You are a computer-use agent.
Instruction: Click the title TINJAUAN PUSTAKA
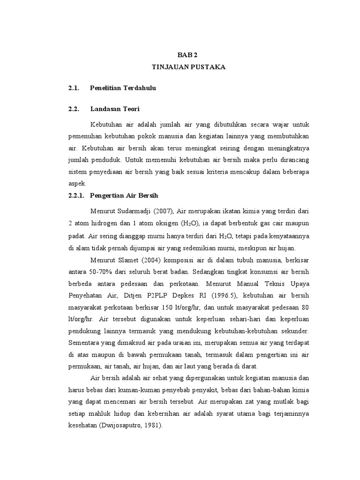[x=188, y=67]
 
